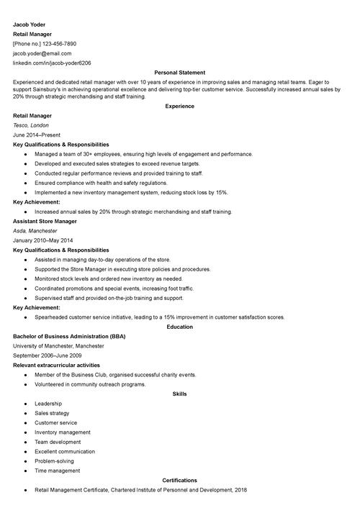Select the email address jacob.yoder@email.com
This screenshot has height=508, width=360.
click(x=42, y=53)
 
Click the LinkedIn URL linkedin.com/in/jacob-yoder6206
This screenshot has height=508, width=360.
click(x=52, y=63)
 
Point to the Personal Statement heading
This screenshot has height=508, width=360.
click(x=179, y=73)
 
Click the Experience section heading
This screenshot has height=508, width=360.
click(x=179, y=106)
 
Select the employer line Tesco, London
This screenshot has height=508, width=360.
click(x=31, y=124)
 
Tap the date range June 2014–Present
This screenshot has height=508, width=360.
click(x=37, y=135)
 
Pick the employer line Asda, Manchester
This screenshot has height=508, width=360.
click(x=35, y=231)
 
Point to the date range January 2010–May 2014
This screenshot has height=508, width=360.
click(x=43, y=240)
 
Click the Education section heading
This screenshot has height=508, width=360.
click(x=179, y=327)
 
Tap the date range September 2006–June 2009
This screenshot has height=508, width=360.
click(x=48, y=355)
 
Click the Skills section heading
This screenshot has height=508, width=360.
click(x=179, y=394)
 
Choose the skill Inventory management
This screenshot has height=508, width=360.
click(x=63, y=432)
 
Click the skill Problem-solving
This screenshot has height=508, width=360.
click(x=55, y=461)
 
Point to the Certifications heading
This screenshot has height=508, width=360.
click(x=179, y=480)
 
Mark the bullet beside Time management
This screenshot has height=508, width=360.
click(x=25, y=471)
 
